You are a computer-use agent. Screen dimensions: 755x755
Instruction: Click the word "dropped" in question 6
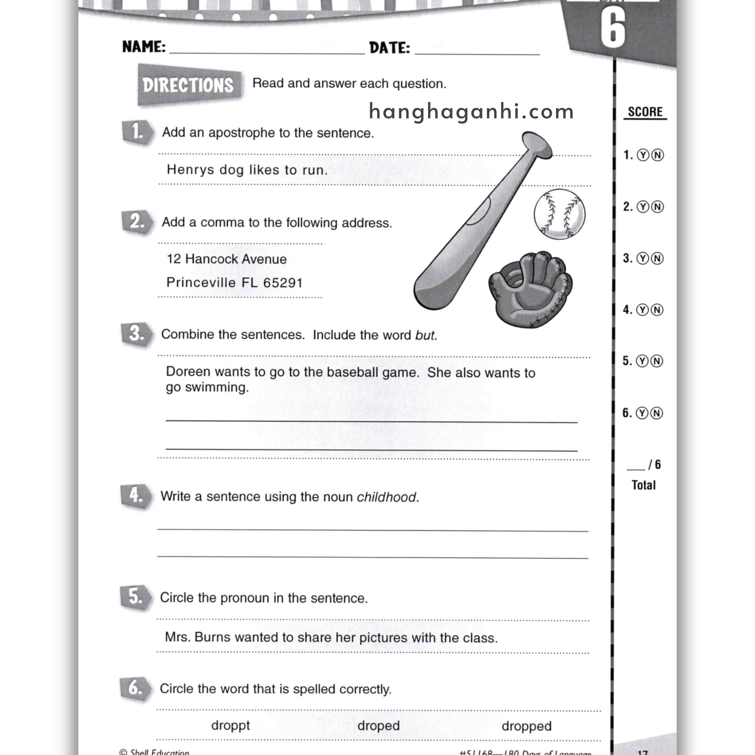526,726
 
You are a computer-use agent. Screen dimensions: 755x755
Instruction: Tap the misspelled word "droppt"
230,725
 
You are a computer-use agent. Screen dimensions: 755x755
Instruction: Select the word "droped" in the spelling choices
378,726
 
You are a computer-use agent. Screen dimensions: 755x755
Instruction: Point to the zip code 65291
282,282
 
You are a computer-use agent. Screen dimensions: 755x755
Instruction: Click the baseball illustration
559,214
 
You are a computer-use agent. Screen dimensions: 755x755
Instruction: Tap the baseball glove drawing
530,288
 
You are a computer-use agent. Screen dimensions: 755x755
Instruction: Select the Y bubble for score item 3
643,258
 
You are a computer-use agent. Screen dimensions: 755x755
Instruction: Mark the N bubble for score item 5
657,361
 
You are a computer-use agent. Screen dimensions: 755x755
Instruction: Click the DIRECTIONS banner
188,85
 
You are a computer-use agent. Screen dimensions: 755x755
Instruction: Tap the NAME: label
144,47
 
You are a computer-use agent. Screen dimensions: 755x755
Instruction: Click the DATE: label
389,48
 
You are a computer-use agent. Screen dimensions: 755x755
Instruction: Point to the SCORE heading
645,112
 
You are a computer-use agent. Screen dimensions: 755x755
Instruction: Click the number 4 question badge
135,496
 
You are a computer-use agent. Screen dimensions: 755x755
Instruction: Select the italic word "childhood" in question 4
387,497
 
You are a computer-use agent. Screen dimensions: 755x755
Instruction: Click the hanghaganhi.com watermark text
471,112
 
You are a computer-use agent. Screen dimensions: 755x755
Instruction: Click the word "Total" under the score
643,485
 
